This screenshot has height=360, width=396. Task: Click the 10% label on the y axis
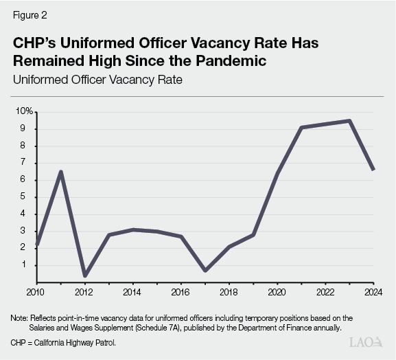25,111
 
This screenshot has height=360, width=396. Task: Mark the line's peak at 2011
61,171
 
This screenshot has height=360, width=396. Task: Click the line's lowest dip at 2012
85,275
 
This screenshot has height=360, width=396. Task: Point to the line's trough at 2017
205,270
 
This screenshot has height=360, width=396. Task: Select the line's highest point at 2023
349,121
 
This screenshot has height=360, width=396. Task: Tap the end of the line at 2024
373,170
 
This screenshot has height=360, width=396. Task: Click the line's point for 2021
301,127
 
